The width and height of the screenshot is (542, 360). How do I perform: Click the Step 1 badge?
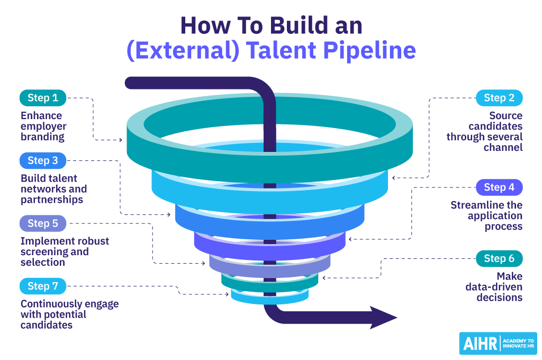tap(43, 98)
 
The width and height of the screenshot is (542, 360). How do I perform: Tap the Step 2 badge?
tap(499, 98)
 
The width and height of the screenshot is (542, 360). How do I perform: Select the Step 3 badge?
tap(43, 160)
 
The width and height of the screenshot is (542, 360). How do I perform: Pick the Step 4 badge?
tap(499, 187)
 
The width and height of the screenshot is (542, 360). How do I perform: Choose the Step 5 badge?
tap(43, 223)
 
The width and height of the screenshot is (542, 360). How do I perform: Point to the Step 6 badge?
tap(499, 258)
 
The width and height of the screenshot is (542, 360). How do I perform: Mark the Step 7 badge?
tap(43, 286)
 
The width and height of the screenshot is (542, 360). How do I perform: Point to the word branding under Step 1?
tap(42, 137)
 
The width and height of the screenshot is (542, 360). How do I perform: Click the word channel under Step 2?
tap(503, 147)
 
